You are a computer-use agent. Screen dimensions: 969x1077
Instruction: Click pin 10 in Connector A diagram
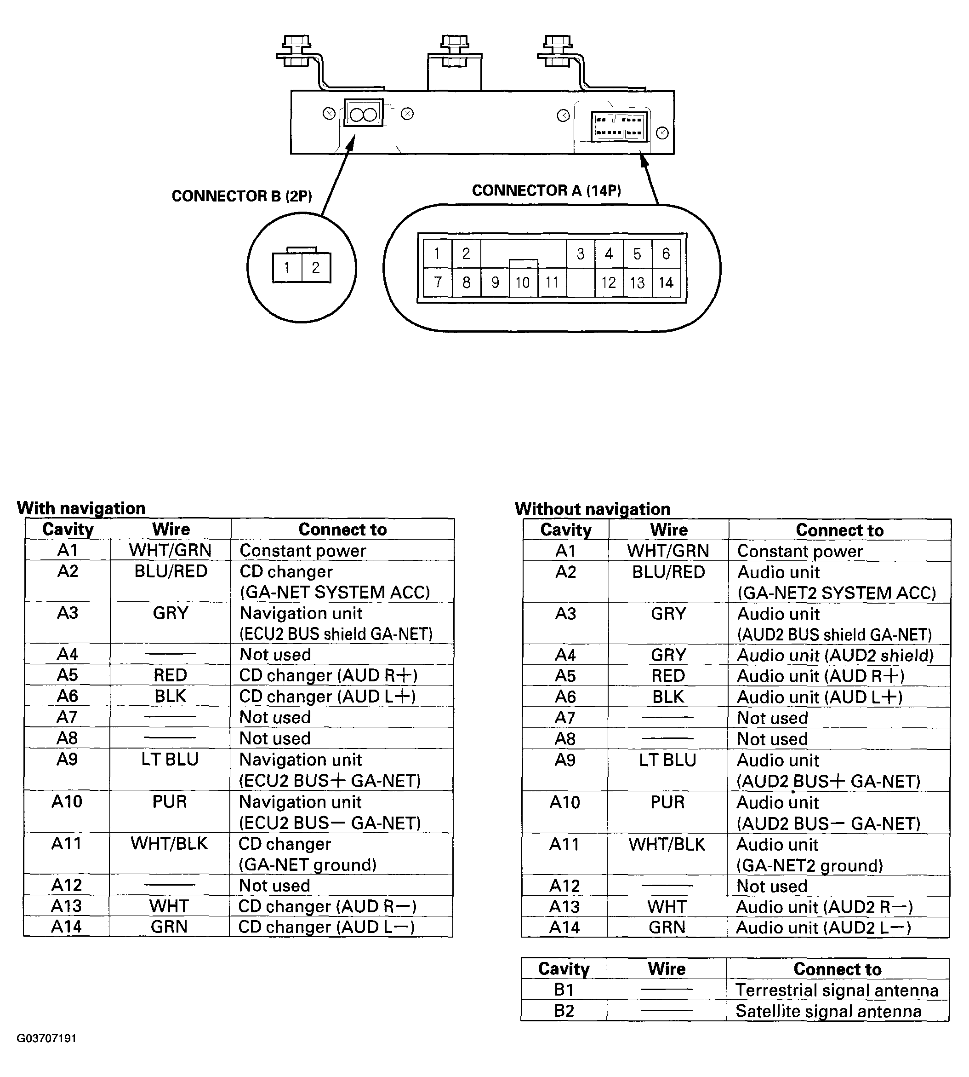[523, 282]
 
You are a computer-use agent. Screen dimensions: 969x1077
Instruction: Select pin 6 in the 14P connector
[666, 253]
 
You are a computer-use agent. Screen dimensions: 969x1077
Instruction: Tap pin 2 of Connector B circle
[316, 267]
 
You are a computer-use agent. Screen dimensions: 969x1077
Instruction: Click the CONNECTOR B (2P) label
[242, 196]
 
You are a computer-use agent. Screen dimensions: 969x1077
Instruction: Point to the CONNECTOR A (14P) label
[546, 190]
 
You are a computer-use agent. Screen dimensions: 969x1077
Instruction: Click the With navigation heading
[81, 508]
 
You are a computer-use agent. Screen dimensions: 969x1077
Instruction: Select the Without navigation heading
[592, 509]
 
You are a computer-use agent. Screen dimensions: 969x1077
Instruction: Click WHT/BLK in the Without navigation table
[667, 844]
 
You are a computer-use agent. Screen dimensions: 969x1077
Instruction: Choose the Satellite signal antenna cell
[828, 1011]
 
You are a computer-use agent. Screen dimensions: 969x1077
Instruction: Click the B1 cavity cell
[564, 990]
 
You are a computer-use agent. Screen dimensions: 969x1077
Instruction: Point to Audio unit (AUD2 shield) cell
[835, 656]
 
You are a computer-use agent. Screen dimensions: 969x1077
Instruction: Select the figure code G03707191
[46, 1038]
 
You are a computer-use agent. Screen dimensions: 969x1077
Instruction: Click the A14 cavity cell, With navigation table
[67, 927]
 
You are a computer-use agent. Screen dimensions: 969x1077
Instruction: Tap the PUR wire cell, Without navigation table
[667, 802]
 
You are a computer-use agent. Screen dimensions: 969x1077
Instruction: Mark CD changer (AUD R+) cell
[328, 675]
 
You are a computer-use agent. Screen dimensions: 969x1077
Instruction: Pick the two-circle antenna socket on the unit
[364, 113]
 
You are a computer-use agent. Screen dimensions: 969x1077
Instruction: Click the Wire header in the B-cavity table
[667, 969]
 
